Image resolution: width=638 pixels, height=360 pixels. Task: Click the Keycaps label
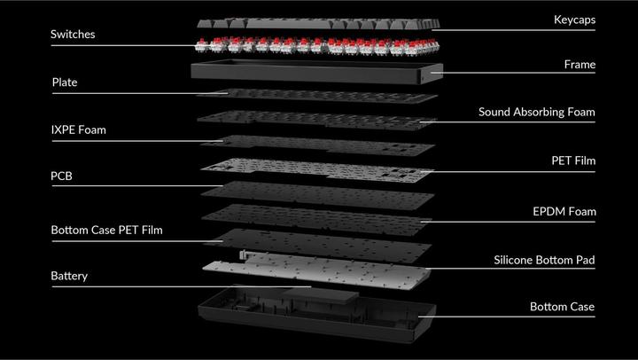point(574,20)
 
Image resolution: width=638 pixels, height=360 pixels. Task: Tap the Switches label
point(73,35)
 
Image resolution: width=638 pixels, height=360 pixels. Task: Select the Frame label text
point(580,65)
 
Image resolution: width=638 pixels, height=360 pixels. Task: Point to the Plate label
point(65,82)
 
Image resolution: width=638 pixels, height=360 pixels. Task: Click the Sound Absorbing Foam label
point(537,112)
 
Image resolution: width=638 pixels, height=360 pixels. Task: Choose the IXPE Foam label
point(79,130)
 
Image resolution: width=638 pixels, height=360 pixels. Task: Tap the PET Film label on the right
point(573,160)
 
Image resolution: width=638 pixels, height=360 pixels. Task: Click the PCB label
point(61,176)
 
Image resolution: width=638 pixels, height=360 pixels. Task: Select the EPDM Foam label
point(564,211)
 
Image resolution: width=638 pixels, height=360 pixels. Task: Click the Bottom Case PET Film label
point(106,230)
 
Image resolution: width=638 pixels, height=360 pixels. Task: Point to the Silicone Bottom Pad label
point(544,260)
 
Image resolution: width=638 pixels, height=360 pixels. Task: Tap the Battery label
point(69,276)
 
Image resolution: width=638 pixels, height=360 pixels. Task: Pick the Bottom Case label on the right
point(562,307)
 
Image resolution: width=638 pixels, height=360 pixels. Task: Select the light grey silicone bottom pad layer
point(316,270)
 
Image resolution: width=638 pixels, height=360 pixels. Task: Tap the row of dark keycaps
point(318,23)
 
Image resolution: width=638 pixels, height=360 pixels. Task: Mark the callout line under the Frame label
point(513,73)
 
